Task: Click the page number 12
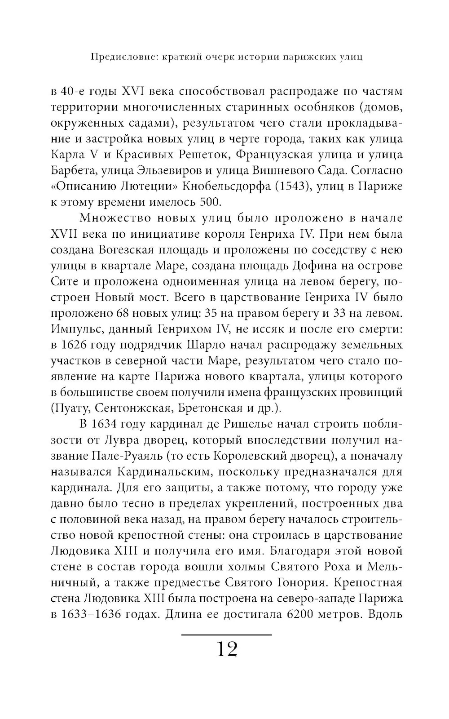227,649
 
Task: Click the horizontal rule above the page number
227,635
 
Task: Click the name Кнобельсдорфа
229,186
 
